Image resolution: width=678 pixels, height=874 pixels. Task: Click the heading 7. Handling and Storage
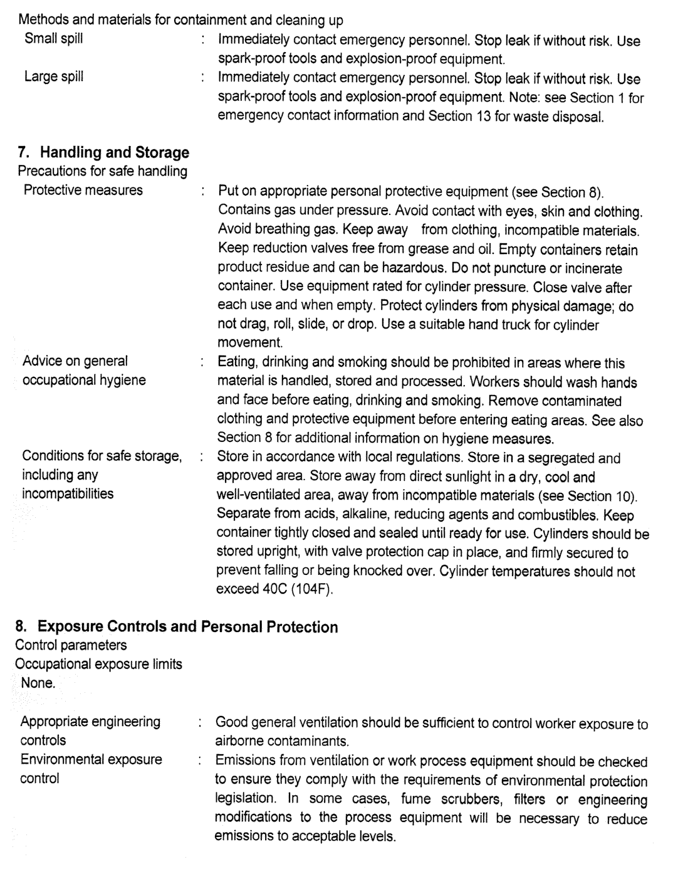click(103, 152)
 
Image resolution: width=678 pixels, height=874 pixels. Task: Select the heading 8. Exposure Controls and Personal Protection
click(177, 626)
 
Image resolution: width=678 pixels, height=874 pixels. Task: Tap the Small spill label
click(53, 39)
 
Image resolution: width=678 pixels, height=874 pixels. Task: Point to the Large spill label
click(53, 77)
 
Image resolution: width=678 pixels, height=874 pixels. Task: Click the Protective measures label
click(83, 190)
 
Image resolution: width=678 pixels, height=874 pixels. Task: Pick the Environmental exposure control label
click(91, 769)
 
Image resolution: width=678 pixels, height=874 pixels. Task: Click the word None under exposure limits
click(38, 683)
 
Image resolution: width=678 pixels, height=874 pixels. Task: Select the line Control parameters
click(71, 645)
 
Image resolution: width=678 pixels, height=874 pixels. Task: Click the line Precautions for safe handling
click(102, 171)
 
